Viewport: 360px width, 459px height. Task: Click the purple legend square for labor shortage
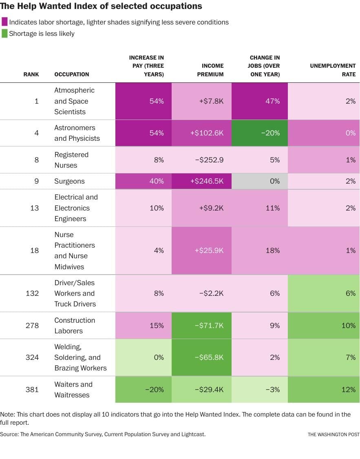coord(4,22)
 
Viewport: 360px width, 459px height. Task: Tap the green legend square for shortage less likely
coord(4,33)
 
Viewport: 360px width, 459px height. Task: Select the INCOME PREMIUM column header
coord(212,70)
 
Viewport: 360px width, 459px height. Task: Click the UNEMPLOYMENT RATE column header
coord(333,70)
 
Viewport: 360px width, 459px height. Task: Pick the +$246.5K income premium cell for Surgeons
coord(201,181)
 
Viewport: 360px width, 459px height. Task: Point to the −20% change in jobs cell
coord(259,133)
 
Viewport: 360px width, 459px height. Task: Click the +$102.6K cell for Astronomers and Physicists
coord(201,133)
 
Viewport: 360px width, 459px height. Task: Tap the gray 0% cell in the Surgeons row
coord(259,181)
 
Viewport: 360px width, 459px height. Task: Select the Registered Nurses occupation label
coord(71,160)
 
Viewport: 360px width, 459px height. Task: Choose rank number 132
coord(32,293)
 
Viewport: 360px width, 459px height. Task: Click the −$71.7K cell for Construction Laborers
coord(201,326)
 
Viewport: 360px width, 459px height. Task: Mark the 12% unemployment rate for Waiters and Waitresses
coord(324,390)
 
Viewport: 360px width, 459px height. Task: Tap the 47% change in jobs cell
coord(259,101)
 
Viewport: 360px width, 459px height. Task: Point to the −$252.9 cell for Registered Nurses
coord(201,160)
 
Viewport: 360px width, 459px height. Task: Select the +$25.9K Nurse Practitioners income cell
coord(201,251)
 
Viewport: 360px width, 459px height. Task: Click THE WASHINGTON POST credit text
coord(333,435)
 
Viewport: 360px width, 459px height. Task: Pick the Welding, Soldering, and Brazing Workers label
coord(80,357)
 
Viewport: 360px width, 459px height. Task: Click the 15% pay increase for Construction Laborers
coord(144,326)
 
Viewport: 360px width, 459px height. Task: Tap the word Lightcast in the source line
coord(191,435)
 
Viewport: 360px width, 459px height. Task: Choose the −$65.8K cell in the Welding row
coord(201,357)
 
